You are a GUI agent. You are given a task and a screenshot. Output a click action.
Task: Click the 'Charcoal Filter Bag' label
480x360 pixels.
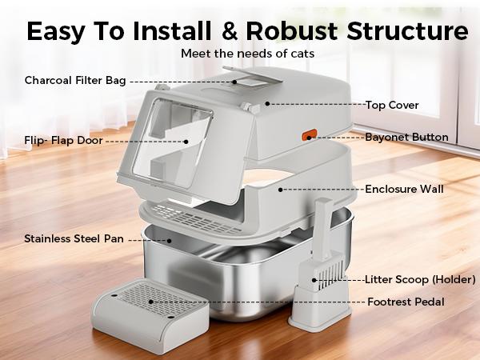[75, 81]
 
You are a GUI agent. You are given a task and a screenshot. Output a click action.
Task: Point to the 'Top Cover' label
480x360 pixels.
[392, 104]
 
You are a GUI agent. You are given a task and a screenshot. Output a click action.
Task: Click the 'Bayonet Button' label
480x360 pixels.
[406, 137]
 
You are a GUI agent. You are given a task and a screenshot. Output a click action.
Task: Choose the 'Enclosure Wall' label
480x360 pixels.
[404, 190]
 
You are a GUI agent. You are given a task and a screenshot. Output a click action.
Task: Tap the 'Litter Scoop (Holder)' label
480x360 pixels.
[420, 279]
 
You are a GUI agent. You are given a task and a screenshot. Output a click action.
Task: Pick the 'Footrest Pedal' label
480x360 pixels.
[406, 302]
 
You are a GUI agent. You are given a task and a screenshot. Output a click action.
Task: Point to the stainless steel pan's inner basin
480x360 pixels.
[240, 272]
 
